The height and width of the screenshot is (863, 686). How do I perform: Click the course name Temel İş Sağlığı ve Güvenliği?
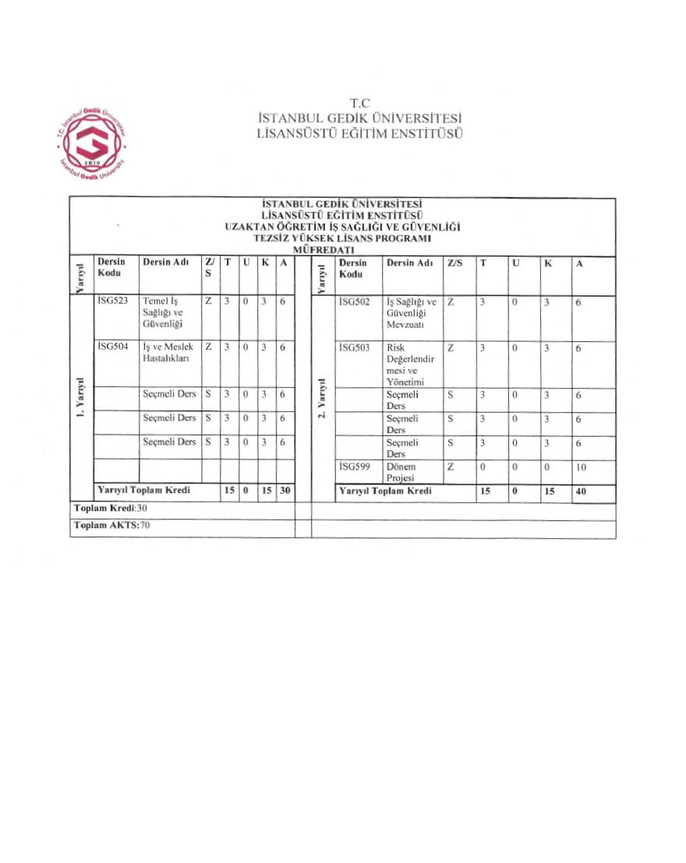click(x=162, y=312)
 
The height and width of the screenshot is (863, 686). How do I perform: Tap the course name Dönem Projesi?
click(x=401, y=472)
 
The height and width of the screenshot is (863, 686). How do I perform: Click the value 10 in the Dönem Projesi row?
click(x=581, y=467)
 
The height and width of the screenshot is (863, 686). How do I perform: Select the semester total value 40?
click(x=581, y=491)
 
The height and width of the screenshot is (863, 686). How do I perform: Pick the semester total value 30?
click(x=285, y=491)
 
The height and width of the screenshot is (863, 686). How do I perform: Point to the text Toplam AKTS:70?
click(x=112, y=525)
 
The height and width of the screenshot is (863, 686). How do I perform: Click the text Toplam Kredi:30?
click(x=111, y=508)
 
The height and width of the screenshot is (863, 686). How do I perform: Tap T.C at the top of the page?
click(x=359, y=103)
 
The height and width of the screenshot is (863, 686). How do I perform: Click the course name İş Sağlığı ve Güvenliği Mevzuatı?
click(x=412, y=312)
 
